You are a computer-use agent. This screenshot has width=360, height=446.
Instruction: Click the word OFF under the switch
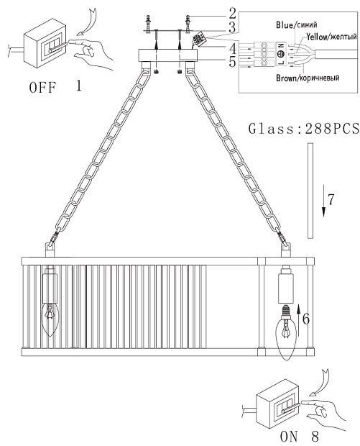coord(42,87)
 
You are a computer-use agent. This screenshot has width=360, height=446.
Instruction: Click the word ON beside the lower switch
coord(289,436)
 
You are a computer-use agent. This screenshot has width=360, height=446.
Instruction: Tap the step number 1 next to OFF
coord(79,86)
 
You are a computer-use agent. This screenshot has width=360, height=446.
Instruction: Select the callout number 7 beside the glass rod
coord(331,199)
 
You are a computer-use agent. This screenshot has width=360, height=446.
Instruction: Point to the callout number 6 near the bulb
coord(306,319)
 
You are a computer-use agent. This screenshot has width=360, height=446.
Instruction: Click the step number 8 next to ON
coord(315,436)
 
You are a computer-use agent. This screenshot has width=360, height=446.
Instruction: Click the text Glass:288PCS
coord(304,129)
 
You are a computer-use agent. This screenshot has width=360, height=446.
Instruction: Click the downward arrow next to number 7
coord(323,201)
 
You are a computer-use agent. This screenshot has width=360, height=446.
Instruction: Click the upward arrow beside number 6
coord(298,317)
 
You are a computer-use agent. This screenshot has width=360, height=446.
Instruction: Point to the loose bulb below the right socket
coord(287,333)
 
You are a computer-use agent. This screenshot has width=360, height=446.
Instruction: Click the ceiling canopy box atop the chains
coord(167,55)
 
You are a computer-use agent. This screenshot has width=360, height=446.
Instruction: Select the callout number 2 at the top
coord(232,14)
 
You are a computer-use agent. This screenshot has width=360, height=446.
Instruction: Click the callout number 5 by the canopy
coord(232,62)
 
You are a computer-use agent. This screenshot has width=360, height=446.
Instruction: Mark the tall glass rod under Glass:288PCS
coord(310,191)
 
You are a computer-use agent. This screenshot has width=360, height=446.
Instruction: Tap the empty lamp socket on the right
coord(286,285)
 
